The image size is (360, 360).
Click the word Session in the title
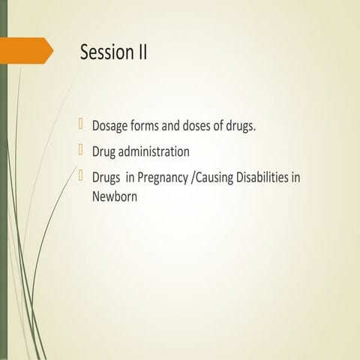106,52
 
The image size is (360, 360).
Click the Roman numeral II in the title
141,52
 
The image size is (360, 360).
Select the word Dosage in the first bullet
110,126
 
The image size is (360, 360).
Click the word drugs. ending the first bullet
242,126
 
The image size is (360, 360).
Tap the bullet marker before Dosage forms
83,124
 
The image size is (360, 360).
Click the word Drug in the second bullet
105,151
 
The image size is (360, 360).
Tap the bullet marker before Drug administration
83,150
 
